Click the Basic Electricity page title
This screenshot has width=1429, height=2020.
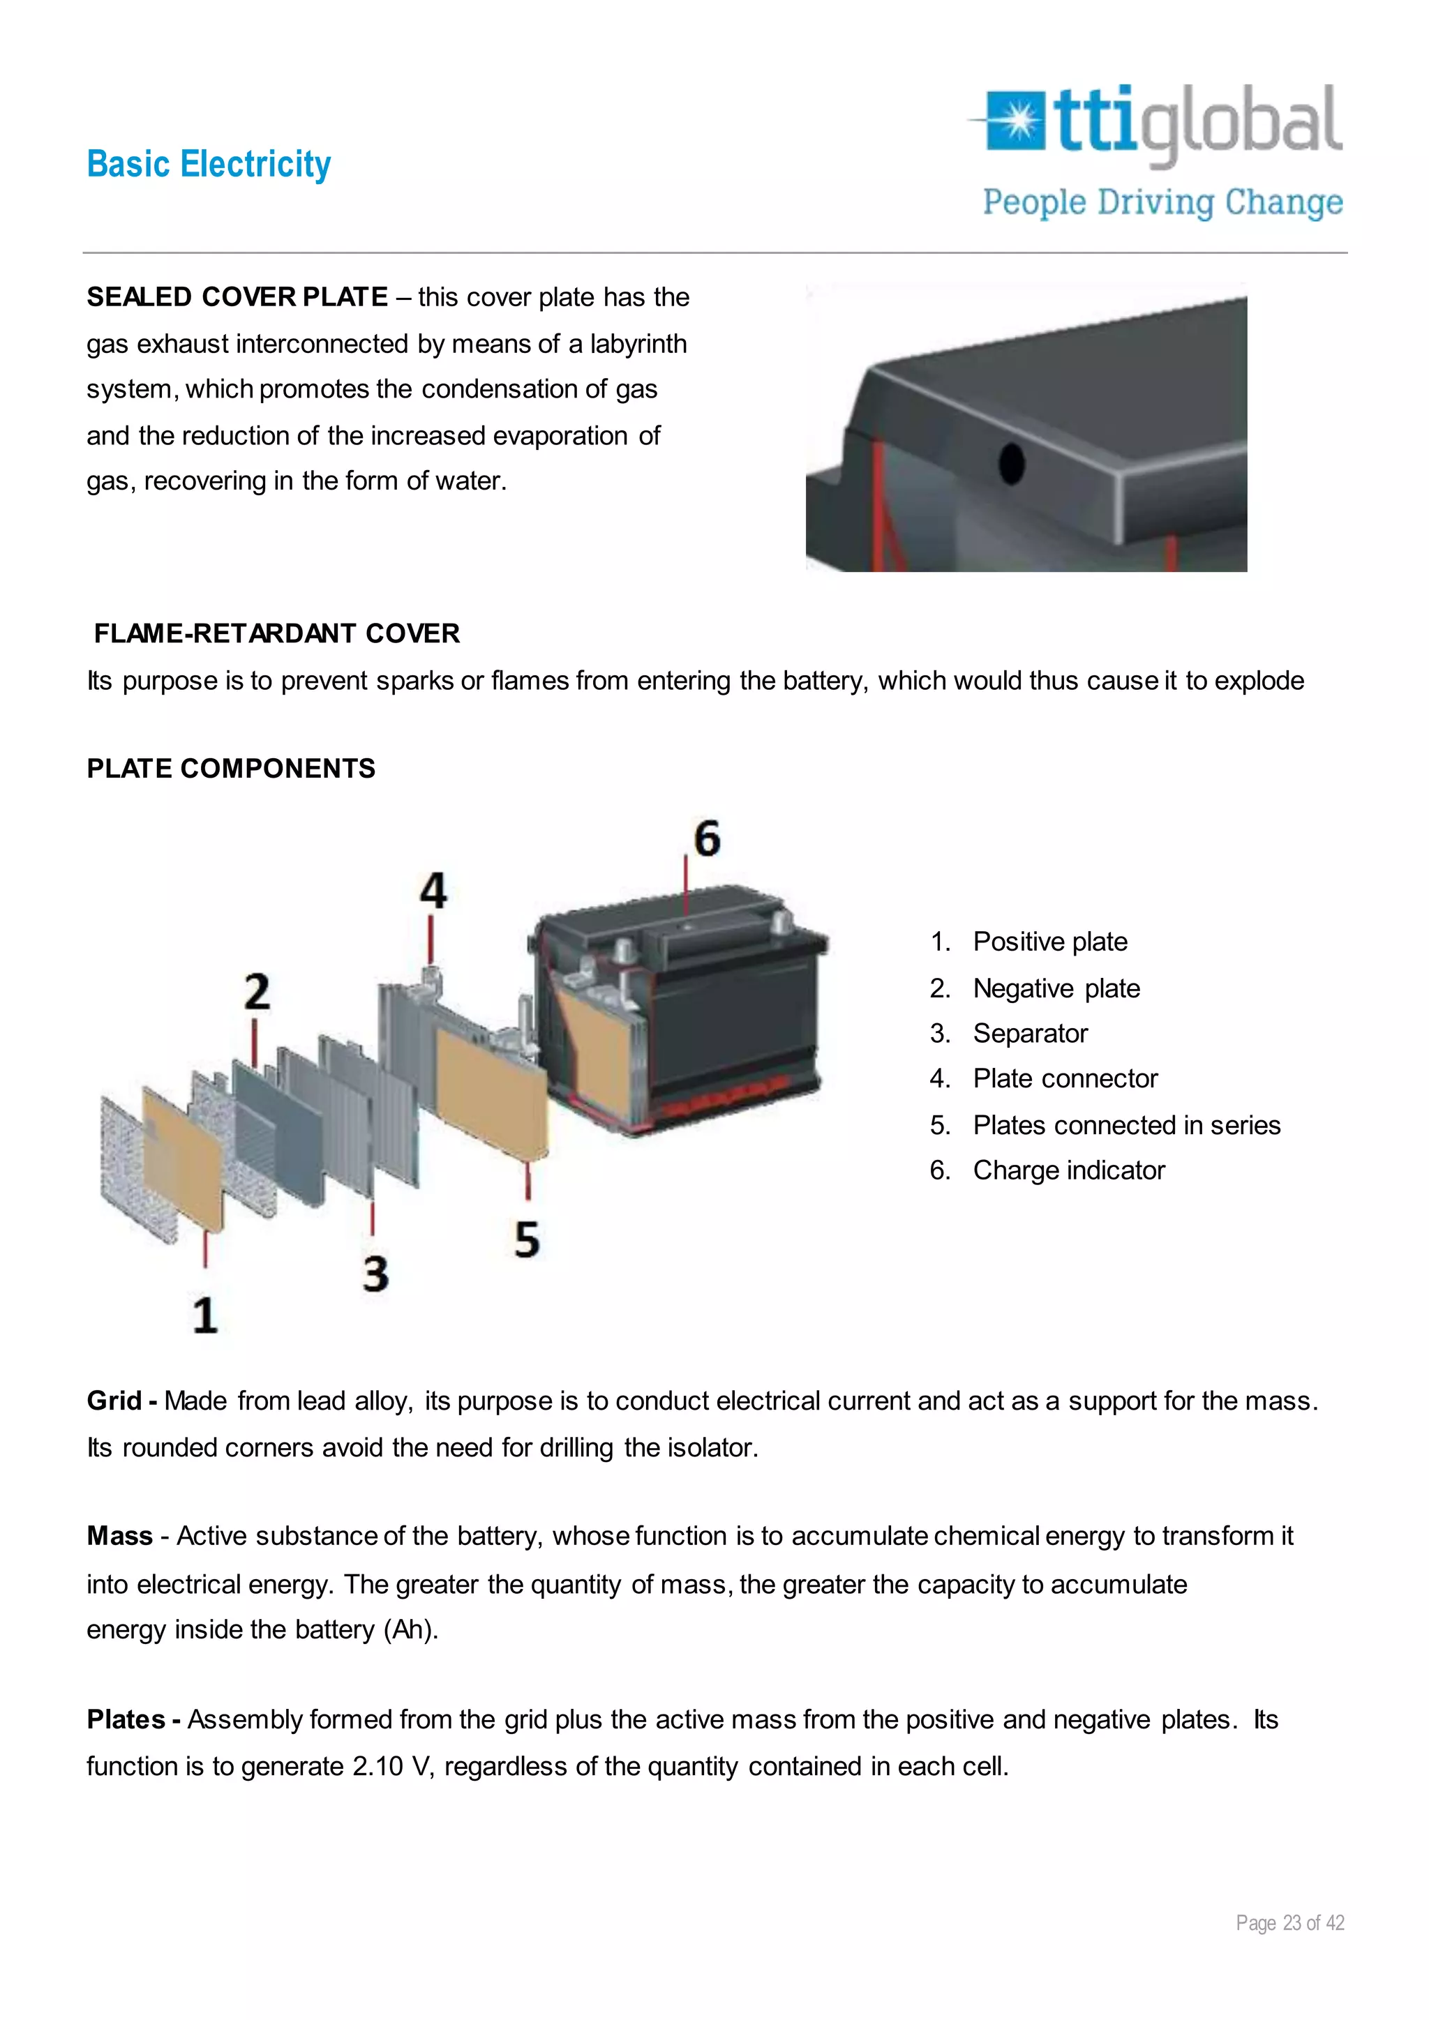click(x=209, y=165)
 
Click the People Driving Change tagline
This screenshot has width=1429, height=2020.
click(x=1162, y=202)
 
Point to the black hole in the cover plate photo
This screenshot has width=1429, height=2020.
click(x=1012, y=462)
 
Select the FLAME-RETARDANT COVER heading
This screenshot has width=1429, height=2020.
click(x=276, y=633)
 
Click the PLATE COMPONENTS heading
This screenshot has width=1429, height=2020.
click(x=230, y=769)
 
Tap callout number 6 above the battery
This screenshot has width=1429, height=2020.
click(x=707, y=838)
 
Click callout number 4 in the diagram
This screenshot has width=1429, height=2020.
click(x=432, y=891)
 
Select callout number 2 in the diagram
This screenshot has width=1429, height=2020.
click(x=256, y=993)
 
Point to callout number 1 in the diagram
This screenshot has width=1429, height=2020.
click(x=205, y=1316)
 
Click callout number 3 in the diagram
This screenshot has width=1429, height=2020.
click(x=375, y=1274)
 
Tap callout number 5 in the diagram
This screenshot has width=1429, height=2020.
click(x=526, y=1239)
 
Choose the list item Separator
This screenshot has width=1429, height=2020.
click(x=1029, y=1034)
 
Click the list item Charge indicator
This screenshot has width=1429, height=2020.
click(x=1068, y=1171)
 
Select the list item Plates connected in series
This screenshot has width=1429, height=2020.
click(x=1126, y=1125)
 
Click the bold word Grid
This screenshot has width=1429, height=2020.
click(x=114, y=1401)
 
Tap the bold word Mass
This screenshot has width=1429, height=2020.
click(x=120, y=1536)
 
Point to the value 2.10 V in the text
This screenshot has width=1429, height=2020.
click(x=392, y=1767)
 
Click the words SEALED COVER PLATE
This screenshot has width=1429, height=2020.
click(x=237, y=297)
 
